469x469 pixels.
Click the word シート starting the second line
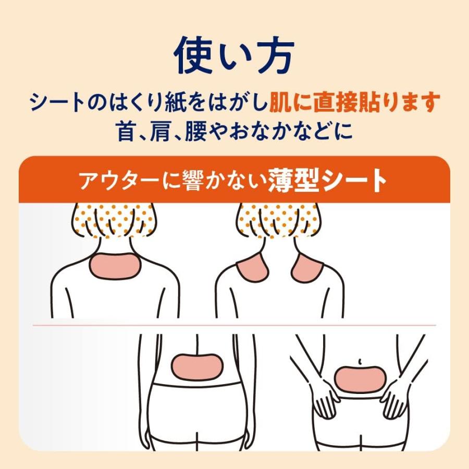tap(57, 102)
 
